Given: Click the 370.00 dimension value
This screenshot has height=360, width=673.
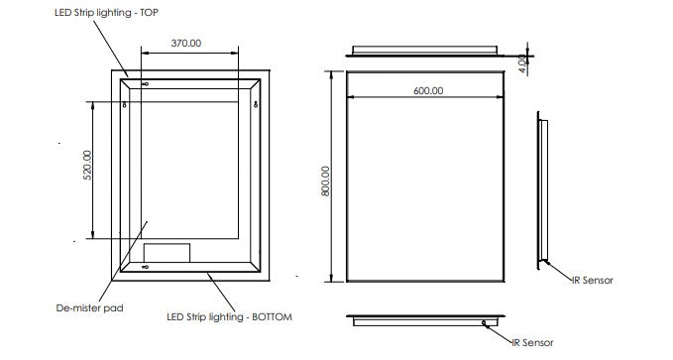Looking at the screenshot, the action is pyautogui.click(x=186, y=43).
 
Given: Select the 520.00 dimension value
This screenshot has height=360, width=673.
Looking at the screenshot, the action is pyautogui.click(x=87, y=165).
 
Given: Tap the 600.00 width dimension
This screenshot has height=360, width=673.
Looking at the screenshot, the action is pyautogui.click(x=428, y=90).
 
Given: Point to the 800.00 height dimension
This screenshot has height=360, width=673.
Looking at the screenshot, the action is pyautogui.click(x=326, y=181).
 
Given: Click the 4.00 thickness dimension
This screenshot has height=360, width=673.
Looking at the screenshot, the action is pyautogui.click(x=522, y=63).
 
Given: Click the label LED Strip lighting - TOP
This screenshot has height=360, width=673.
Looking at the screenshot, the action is pyautogui.click(x=106, y=13).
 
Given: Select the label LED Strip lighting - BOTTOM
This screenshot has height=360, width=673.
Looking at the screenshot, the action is pyautogui.click(x=229, y=317).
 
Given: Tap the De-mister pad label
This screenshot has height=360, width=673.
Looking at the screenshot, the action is pyautogui.click(x=89, y=308).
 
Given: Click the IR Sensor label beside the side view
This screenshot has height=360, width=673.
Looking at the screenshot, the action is pyautogui.click(x=593, y=280).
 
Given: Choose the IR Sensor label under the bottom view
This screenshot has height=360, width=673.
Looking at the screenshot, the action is pyautogui.click(x=532, y=342).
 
